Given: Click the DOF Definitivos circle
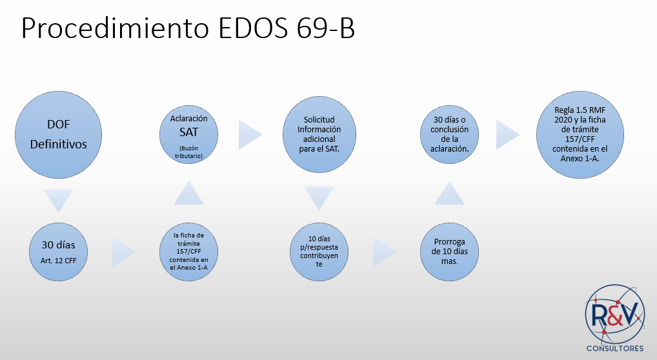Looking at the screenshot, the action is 58,135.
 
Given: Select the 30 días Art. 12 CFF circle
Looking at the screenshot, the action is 58,252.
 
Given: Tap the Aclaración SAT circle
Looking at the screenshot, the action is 188,135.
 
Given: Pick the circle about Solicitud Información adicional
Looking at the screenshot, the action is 319,135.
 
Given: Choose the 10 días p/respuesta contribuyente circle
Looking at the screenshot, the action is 319,252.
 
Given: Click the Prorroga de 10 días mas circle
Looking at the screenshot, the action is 449,252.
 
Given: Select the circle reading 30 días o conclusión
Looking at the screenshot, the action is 449,135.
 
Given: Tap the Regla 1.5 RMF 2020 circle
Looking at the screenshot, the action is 580,135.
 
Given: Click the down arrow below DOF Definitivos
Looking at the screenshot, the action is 58,201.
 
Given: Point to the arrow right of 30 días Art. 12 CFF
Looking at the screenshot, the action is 123,252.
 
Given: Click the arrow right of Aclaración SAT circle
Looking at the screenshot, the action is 250,135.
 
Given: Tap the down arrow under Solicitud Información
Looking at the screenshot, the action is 319,197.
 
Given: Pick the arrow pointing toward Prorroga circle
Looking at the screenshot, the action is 384,252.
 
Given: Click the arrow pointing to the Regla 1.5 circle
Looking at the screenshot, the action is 507,135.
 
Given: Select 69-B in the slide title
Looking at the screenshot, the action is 325,28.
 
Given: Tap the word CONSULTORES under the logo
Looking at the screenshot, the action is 614,348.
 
